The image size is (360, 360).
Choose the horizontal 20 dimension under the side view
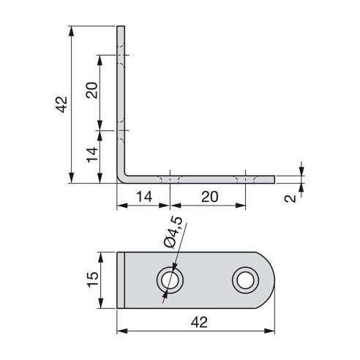(208, 196)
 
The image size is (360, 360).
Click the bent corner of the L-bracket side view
(124, 176)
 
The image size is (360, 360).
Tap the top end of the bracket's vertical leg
(121, 28)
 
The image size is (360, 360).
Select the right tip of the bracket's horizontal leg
(274, 179)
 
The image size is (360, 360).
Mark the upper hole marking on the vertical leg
(121, 56)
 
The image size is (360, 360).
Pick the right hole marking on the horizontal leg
(244, 179)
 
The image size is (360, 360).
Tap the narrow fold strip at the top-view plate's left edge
(121, 279)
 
